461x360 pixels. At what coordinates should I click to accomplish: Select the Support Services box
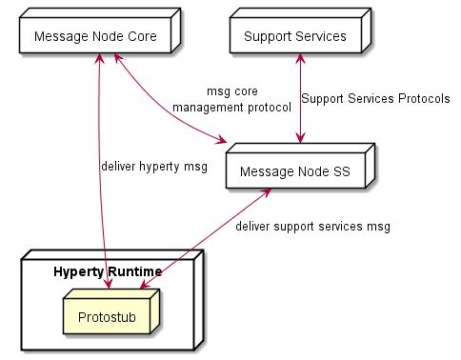(x=295, y=36)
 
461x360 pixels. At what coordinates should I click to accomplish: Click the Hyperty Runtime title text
(x=107, y=271)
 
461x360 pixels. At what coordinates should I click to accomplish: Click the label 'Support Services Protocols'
(x=375, y=98)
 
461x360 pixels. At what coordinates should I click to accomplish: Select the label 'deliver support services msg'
(x=312, y=227)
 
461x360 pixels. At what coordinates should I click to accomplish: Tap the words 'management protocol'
(x=231, y=108)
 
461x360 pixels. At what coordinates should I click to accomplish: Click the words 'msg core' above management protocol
(x=232, y=92)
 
